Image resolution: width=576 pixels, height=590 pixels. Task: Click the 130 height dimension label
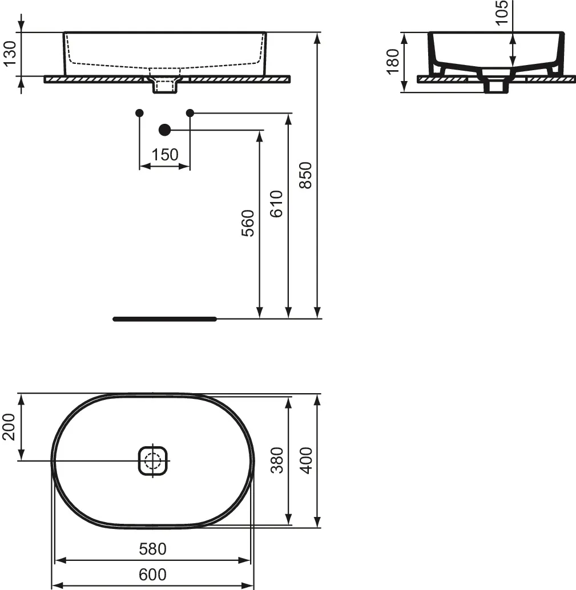(10, 54)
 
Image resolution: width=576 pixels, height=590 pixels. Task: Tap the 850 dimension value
(305, 175)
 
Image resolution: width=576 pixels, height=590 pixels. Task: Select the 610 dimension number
(277, 204)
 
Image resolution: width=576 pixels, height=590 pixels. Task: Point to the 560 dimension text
(248, 223)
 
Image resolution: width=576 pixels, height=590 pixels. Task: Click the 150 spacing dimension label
(165, 155)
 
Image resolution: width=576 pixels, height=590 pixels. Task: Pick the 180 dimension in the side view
(393, 62)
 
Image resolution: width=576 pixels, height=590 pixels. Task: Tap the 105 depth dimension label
(501, 13)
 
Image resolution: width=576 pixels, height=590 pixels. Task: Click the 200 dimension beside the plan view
(9, 427)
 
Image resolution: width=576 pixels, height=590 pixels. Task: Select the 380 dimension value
(277, 460)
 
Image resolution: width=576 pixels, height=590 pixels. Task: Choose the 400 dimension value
(306, 460)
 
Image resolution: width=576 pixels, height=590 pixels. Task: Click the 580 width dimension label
(152, 549)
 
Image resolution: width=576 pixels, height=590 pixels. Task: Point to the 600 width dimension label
(152, 575)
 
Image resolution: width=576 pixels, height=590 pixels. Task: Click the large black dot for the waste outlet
(164, 130)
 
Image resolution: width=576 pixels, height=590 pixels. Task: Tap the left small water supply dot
(139, 112)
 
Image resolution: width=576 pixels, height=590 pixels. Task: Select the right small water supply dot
(190, 112)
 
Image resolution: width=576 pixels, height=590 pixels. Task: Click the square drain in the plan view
(152, 460)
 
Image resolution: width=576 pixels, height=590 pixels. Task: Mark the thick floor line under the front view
(165, 319)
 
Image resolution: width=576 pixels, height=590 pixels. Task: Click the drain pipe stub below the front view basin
(164, 85)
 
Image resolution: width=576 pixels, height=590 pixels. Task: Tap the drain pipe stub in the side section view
(496, 84)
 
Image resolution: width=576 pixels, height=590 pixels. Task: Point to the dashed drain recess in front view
(165, 71)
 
